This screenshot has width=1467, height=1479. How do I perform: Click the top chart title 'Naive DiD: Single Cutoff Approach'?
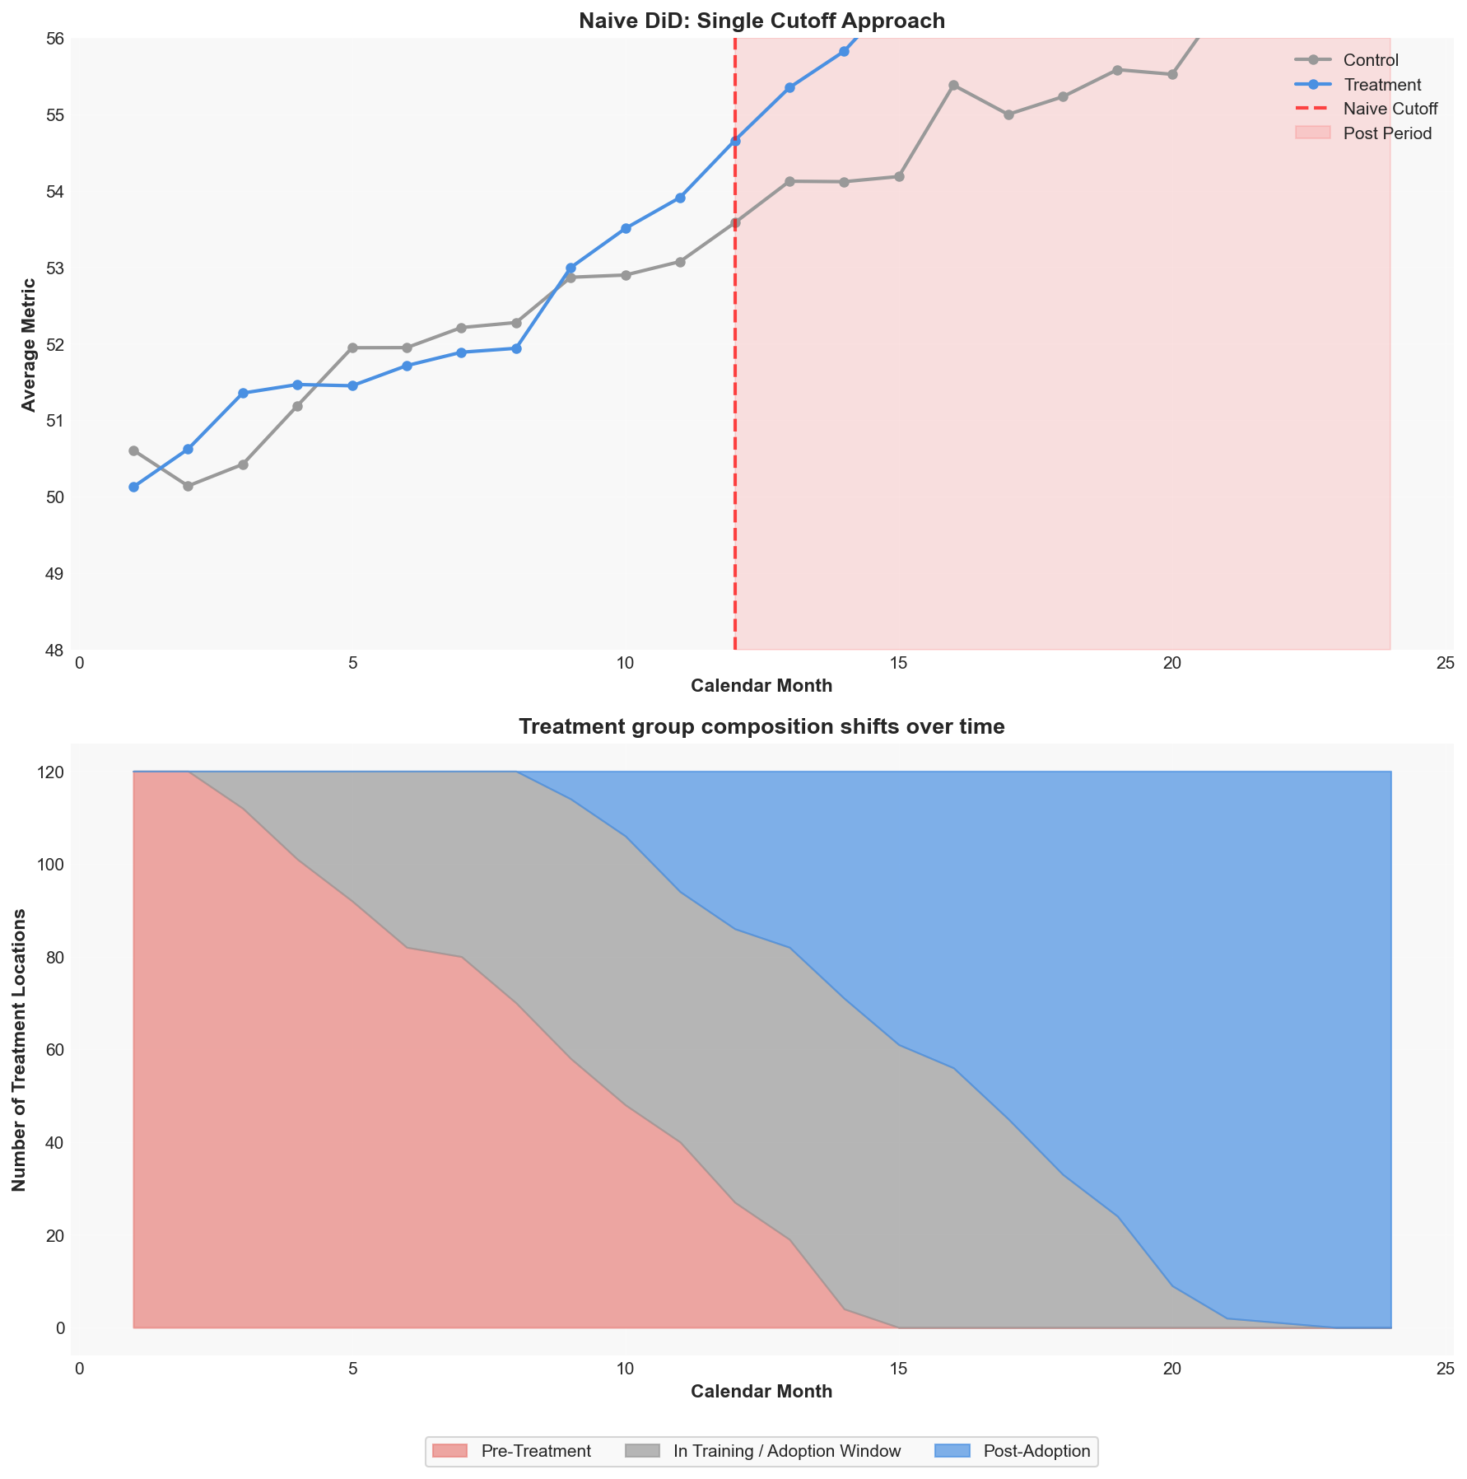point(761,21)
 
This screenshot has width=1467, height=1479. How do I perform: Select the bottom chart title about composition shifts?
point(761,726)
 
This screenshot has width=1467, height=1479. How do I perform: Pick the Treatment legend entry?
point(1358,85)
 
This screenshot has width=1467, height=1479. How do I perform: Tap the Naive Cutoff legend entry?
point(1366,109)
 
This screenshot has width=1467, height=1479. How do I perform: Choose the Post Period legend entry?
point(1363,133)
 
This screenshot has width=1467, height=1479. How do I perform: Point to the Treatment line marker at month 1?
point(133,487)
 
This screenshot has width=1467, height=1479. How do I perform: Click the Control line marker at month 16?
point(953,86)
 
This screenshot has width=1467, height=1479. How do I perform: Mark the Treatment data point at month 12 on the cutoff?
point(735,141)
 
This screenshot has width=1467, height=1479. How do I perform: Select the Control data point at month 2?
point(188,486)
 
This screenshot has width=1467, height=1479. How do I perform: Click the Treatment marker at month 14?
point(844,51)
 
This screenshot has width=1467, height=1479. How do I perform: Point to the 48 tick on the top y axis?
point(54,651)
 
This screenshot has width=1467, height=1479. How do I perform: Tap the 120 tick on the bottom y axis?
point(49,772)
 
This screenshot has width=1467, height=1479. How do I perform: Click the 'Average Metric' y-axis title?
point(29,344)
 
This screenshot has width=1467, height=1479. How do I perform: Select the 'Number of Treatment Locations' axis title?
point(19,1050)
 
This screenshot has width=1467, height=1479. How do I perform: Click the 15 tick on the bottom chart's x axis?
point(898,1369)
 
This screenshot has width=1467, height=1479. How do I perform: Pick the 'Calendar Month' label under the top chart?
point(761,686)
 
